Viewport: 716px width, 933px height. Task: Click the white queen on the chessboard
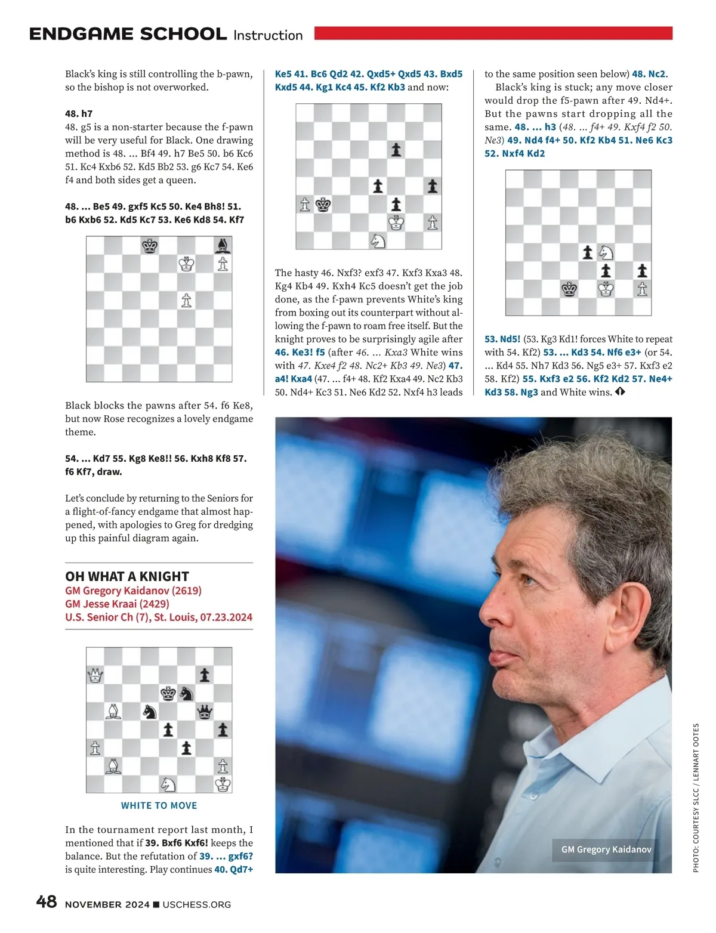[95, 675]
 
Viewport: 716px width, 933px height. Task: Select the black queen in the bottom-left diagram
[205, 711]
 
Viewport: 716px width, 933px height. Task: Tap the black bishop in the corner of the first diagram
[223, 245]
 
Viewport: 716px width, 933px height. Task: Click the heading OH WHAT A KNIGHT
[127, 576]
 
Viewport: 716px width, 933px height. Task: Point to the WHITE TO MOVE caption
[159, 805]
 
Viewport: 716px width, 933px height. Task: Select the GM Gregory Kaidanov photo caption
[606, 849]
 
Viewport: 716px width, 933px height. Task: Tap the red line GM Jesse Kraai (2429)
[117, 604]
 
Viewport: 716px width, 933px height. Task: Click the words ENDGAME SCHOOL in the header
[128, 34]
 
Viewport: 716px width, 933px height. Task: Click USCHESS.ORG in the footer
[196, 904]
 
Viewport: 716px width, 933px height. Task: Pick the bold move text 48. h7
[79, 113]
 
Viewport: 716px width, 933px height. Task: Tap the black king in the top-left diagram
[150, 245]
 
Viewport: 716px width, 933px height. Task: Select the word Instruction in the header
[268, 35]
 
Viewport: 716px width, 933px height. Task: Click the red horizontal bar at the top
[493, 33]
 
